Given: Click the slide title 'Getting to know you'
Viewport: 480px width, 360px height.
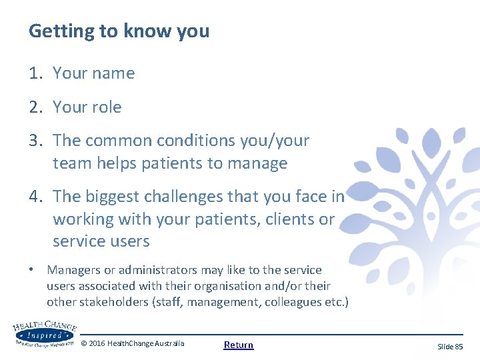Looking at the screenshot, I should [119, 31].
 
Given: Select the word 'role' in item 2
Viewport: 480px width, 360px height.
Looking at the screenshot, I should [107, 107].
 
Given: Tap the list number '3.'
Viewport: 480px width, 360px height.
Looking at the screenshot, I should [36, 141].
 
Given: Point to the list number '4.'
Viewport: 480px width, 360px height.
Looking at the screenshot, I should [36, 197].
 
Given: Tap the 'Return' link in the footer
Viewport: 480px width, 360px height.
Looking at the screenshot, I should [239, 345].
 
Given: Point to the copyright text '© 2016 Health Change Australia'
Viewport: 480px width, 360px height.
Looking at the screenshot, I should [132, 343].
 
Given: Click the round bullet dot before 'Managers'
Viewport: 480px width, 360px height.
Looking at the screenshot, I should [32, 271].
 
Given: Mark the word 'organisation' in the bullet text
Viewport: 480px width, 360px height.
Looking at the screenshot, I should [253, 286].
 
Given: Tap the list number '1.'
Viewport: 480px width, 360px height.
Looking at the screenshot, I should [35, 73].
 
